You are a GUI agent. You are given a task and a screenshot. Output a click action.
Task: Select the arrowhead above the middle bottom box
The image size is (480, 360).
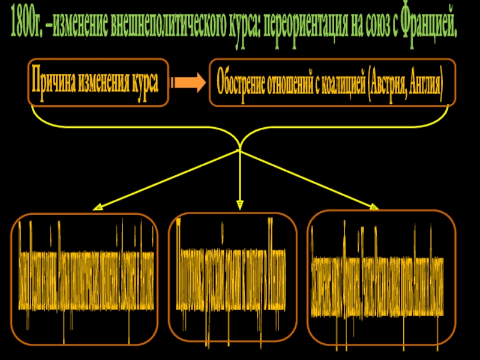click(x=239, y=205)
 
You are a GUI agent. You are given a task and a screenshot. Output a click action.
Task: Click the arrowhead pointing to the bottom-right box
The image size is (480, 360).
click(x=373, y=206)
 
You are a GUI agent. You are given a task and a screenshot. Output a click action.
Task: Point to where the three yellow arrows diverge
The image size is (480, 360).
click(x=239, y=150)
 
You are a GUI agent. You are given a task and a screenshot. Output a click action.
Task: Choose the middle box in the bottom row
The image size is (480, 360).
click(x=233, y=276)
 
